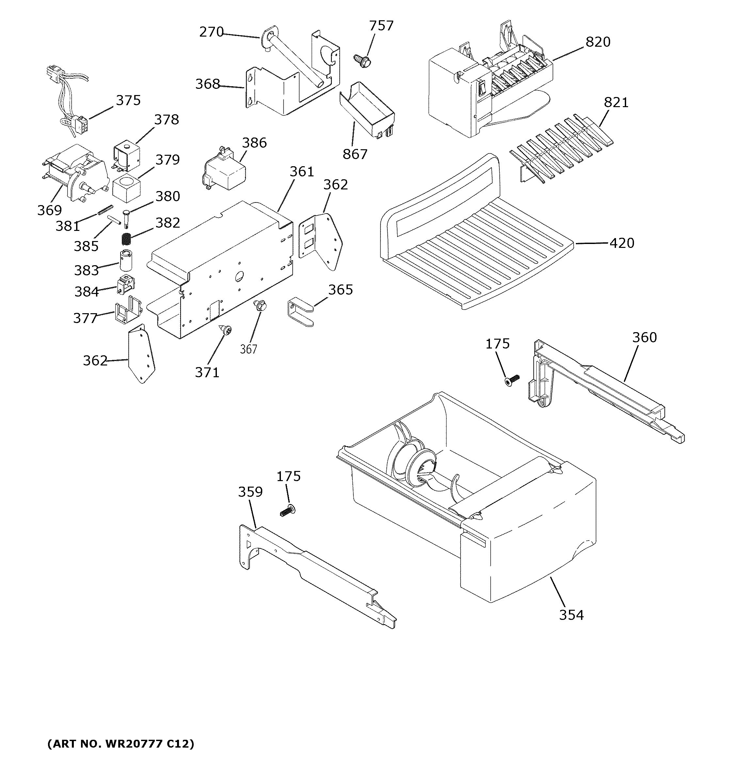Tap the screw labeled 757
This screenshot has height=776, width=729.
point(362,59)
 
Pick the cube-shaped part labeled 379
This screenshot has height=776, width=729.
point(126,188)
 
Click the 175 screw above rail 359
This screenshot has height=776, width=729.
point(288,510)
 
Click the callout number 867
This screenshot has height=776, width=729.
point(355,154)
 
